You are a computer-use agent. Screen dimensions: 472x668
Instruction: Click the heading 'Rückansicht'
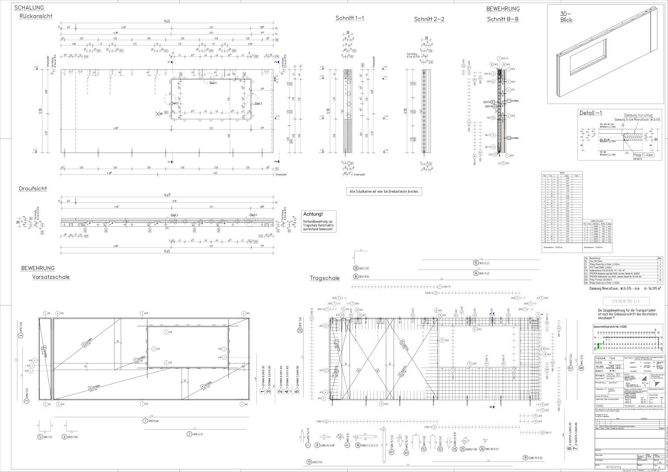pyautogui.click(x=36, y=16)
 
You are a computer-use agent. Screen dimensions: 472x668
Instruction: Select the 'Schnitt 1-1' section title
pyautogui.click(x=350, y=18)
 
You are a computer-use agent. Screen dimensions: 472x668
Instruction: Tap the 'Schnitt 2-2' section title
pyautogui.click(x=429, y=19)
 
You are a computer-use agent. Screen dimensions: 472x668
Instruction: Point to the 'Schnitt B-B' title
pyautogui.click(x=503, y=19)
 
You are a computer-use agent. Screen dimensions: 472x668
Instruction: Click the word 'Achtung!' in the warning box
pyautogui.click(x=313, y=214)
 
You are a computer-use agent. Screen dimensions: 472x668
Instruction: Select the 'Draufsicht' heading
pyautogui.click(x=32, y=189)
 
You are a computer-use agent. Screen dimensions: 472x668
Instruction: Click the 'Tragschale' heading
pyautogui.click(x=325, y=278)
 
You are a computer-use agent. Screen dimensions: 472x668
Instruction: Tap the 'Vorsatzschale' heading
pyautogui.click(x=51, y=277)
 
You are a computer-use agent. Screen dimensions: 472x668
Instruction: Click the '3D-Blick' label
pyautogui.click(x=566, y=17)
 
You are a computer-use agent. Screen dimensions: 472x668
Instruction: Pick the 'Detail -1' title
pyautogui.click(x=591, y=113)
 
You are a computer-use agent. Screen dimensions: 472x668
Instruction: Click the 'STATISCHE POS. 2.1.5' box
pyautogui.click(x=626, y=302)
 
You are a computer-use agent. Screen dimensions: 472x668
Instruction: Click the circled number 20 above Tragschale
pyautogui.click(x=356, y=268)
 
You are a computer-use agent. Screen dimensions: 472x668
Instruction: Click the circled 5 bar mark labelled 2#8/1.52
pyautogui.click(x=40, y=437)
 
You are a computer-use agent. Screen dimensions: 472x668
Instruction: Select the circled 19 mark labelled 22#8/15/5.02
pyautogui.click(x=525, y=458)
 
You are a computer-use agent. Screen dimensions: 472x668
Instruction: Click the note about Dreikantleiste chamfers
pyautogui.click(x=384, y=191)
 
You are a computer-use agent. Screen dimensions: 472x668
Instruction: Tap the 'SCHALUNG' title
pyautogui.click(x=28, y=8)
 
